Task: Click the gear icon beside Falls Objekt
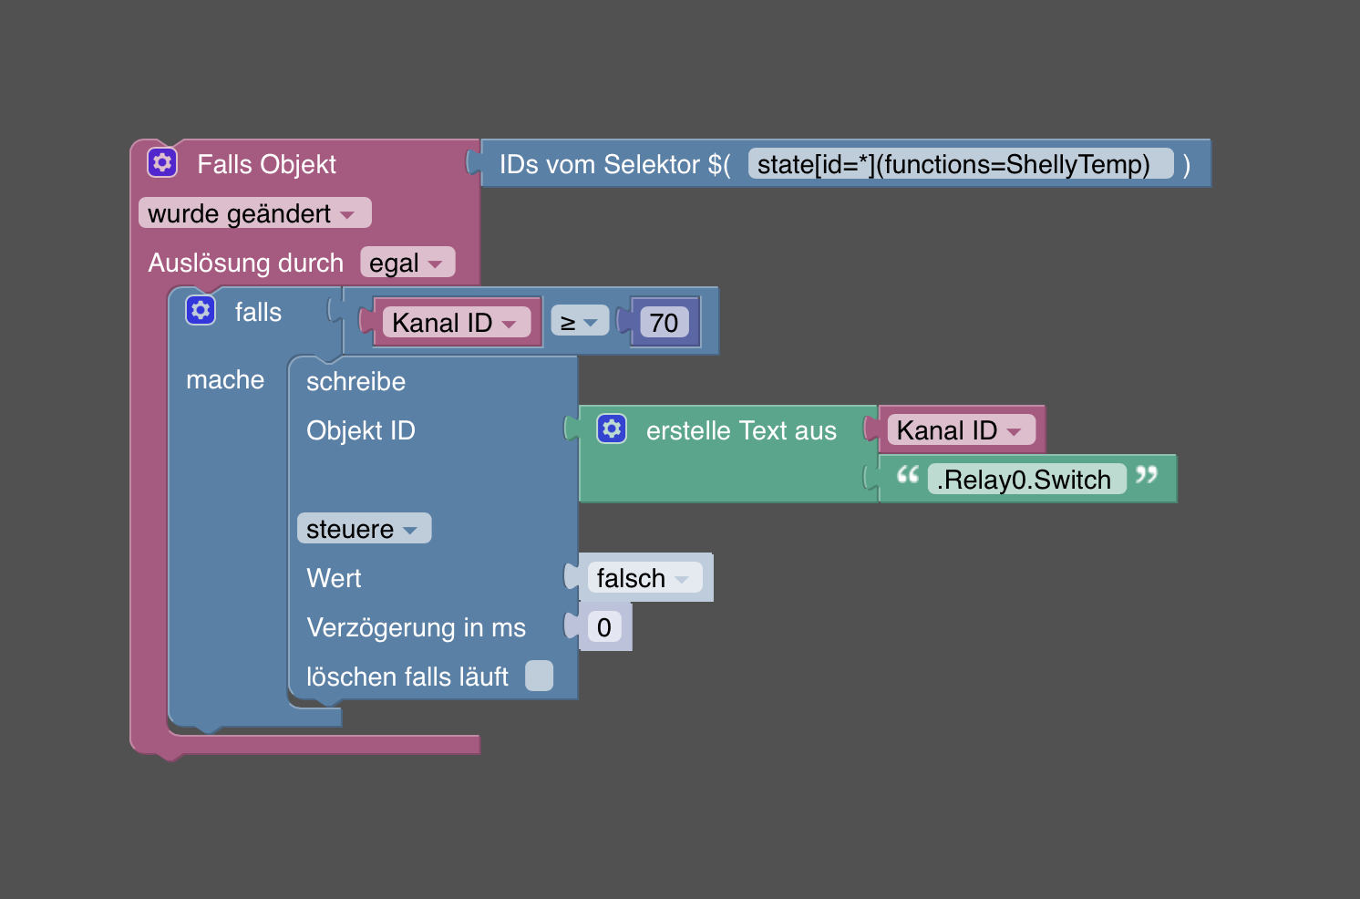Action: tap(162, 163)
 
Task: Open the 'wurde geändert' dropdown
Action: tap(254, 213)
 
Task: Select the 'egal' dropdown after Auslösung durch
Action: tap(407, 263)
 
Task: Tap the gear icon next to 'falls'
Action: tap(201, 311)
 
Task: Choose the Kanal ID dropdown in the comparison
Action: tap(455, 322)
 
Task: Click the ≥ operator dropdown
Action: tap(579, 322)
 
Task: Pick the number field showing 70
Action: tap(664, 322)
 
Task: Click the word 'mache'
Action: tap(225, 379)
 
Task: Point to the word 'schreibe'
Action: tap(355, 381)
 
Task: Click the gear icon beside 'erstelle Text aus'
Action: tap(612, 429)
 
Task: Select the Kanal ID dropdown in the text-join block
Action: tap(960, 430)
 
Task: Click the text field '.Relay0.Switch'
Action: tap(1025, 480)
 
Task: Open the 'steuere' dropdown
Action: tap(363, 529)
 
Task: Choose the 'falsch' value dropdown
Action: tap(644, 578)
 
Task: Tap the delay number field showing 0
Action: tap(603, 627)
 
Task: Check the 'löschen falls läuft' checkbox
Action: tap(539, 676)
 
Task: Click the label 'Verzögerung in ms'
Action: tap(416, 627)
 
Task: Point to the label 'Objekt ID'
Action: tap(360, 430)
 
